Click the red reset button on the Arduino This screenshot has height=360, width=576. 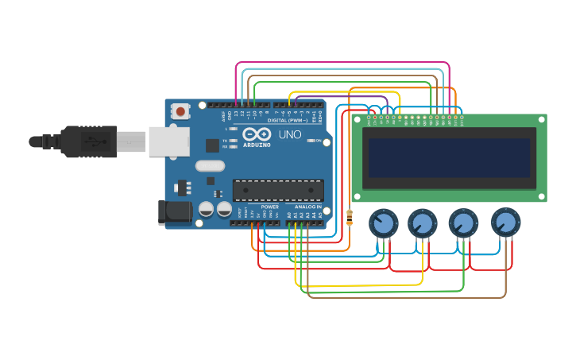181,111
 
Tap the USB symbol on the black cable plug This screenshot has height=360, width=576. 94,142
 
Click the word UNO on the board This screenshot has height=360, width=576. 290,135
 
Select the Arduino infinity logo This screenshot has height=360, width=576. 257,134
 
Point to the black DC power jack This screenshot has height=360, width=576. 174,211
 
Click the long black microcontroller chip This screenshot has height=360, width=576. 278,191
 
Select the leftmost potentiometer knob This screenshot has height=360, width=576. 383,223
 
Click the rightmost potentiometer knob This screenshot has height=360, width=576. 505,223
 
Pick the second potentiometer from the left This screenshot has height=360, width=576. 422,223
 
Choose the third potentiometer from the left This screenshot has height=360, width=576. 462,223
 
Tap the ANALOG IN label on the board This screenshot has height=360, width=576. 308,207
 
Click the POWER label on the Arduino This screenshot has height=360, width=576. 270,207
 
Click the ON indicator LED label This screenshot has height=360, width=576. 319,141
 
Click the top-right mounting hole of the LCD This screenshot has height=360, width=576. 541,119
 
